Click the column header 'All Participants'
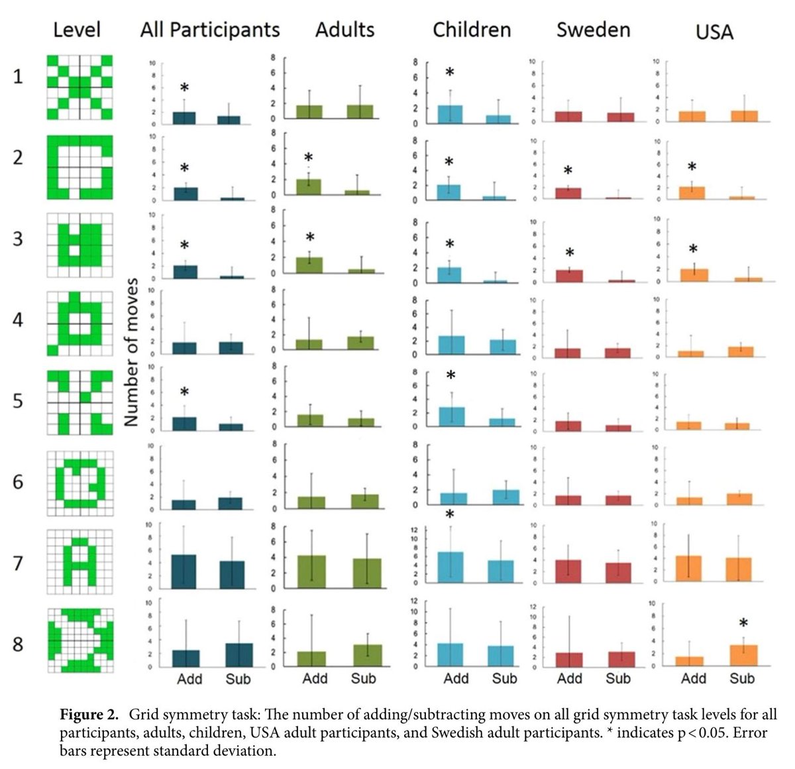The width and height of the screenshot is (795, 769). pyautogui.click(x=209, y=30)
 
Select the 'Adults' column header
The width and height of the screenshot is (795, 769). pyautogui.click(x=344, y=30)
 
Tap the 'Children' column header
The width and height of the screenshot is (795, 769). pyautogui.click(x=472, y=30)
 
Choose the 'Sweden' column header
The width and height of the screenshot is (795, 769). pyautogui.click(x=594, y=30)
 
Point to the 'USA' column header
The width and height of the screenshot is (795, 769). pyautogui.click(x=714, y=31)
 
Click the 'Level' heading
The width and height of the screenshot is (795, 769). pyautogui.click(x=77, y=30)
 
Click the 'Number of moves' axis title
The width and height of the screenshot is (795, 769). pyautogui.click(x=131, y=352)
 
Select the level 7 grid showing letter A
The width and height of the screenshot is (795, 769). pyautogui.click(x=80, y=562)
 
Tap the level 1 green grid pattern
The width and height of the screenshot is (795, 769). pyautogui.click(x=80, y=87)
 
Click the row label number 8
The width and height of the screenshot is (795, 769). pyautogui.click(x=18, y=644)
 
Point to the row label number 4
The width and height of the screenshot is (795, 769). pyautogui.click(x=18, y=320)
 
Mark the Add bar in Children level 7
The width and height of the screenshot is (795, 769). pyautogui.click(x=450, y=567)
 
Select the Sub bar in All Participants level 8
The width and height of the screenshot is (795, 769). pyautogui.click(x=238, y=654)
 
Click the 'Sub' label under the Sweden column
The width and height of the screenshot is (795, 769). pyautogui.click(x=618, y=679)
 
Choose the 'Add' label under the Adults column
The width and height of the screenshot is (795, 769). pyautogui.click(x=315, y=679)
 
